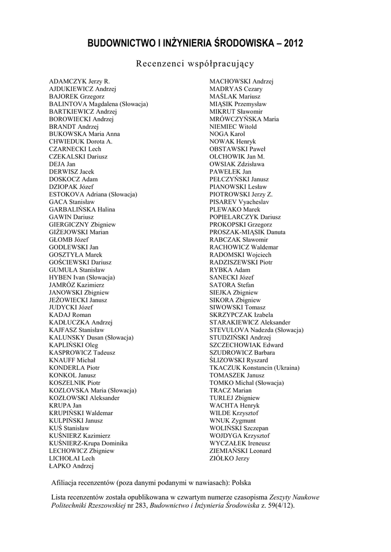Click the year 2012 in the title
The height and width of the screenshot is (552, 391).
pos(291,43)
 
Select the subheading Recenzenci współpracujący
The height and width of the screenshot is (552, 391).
pos(195,64)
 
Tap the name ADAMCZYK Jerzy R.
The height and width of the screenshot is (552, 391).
pos(79,81)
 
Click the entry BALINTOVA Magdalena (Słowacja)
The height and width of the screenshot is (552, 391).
pos(98,104)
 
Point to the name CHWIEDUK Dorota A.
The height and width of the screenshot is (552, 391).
pos(80,141)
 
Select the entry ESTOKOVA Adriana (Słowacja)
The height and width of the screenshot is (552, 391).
pos(93,194)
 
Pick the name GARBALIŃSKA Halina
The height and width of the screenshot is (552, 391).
pos(82,209)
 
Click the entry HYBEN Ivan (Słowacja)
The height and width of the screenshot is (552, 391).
pos(81,277)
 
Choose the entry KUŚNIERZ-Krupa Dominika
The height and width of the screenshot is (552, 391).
pos(88,443)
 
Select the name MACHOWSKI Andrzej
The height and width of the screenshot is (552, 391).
pos(241,81)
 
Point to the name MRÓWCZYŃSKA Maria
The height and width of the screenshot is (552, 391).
pos(244,119)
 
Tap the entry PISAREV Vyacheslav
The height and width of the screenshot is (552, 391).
pos(239,202)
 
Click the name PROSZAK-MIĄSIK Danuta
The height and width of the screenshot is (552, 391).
pos(248,232)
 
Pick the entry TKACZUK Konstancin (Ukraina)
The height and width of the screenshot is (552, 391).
pos(254,368)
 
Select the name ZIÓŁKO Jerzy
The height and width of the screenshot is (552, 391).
pos(229,458)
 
